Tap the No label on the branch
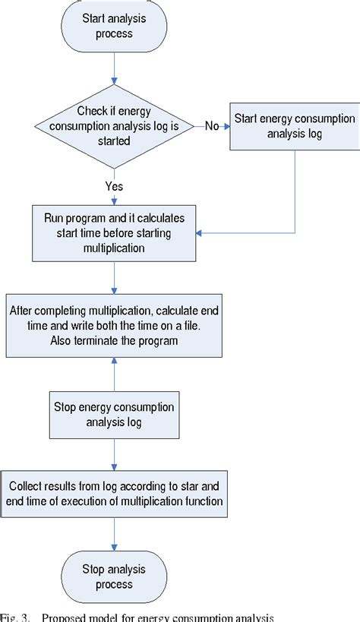(213, 125)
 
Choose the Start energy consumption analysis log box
(293, 127)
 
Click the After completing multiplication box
(113, 325)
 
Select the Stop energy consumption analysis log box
(113, 414)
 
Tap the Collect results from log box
(113, 493)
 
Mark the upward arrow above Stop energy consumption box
(113, 374)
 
